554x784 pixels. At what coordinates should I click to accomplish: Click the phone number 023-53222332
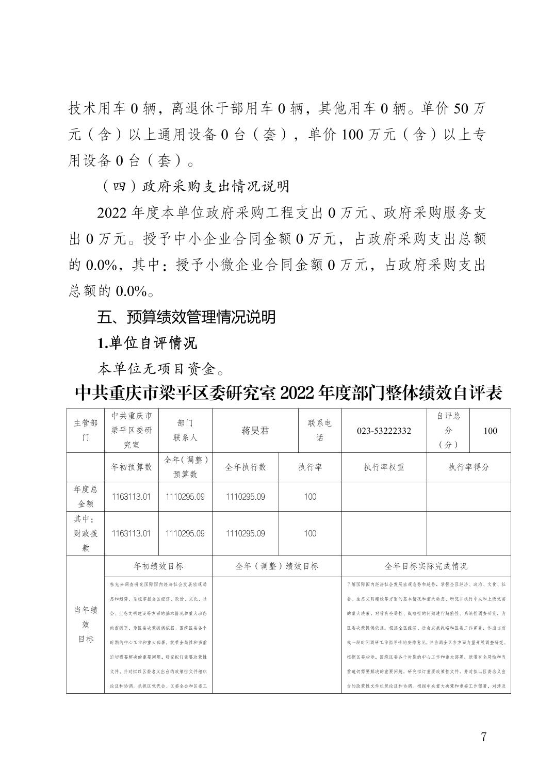(x=384, y=431)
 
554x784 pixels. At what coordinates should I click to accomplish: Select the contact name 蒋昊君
(x=255, y=431)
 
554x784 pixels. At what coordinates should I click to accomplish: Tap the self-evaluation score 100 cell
(x=490, y=431)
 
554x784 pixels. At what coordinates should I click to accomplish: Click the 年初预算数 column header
(x=132, y=467)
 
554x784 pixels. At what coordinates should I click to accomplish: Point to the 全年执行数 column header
(x=245, y=467)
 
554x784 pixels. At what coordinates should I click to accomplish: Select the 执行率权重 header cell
(x=384, y=467)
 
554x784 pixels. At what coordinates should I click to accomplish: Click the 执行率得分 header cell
(x=468, y=467)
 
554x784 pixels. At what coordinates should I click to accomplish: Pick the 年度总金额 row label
(x=85, y=496)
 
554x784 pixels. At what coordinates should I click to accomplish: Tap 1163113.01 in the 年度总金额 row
(x=132, y=497)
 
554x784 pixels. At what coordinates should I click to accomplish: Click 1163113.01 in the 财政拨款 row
(x=132, y=533)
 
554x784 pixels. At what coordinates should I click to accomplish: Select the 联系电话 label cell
(x=320, y=430)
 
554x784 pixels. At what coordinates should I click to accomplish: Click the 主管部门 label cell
(x=85, y=430)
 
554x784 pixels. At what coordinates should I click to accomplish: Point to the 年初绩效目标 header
(x=158, y=566)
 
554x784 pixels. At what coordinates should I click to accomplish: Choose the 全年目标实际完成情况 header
(x=426, y=566)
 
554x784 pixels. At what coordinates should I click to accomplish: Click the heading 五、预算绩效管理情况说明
(x=186, y=317)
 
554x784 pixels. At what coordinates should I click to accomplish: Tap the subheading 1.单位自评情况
(x=148, y=342)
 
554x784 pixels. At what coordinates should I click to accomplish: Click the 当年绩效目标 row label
(x=85, y=624)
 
